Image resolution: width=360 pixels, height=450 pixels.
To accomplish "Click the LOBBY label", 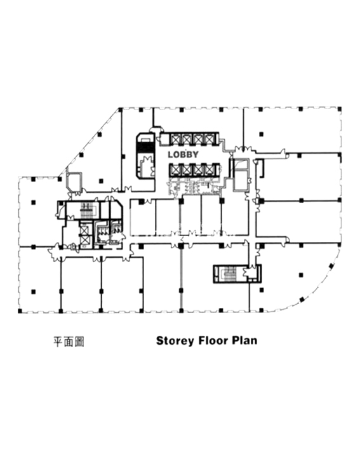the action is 183,155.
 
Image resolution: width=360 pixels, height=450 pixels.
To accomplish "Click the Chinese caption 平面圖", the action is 69,341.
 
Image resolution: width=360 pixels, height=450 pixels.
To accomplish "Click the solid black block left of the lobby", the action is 146,147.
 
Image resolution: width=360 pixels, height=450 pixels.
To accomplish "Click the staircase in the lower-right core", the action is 229,273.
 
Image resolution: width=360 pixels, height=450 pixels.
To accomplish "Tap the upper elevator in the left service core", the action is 84,230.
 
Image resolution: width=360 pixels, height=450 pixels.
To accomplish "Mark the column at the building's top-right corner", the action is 340,109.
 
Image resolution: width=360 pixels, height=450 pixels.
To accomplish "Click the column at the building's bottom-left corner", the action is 20,311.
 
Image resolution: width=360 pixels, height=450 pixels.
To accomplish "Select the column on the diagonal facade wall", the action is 100,134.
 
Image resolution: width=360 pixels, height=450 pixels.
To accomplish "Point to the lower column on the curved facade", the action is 302,300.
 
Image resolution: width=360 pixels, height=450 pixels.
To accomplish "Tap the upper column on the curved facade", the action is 331,266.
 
